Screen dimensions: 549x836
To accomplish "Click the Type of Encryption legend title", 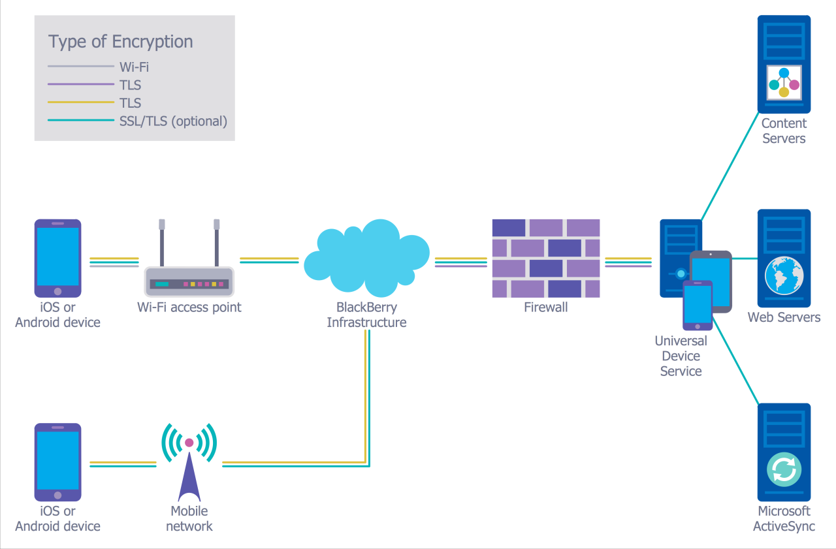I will pos(121,42).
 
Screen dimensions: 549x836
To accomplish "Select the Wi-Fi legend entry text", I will pos(135,67).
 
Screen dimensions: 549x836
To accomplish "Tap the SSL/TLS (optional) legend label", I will pos(173,121).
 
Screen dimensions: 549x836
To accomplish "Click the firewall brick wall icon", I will pos(545,259).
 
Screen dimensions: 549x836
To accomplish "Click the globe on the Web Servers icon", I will pos(784,275).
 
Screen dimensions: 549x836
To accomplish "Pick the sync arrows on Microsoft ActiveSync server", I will pos(784,469).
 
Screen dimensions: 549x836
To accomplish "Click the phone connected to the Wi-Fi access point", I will pos(57,259).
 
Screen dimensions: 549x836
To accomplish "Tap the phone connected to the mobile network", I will pos(57,462).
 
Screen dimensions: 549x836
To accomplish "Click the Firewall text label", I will pos(545,307).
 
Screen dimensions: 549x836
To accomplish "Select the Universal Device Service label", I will pos(681,356).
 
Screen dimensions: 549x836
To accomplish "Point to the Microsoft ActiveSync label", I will pos(784,518).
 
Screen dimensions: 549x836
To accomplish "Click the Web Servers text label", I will pos(784,317).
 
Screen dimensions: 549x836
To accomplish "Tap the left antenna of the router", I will pos(162,242).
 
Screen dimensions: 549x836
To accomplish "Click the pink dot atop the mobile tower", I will pos(189,443).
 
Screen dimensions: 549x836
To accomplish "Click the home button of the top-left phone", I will pos(57,291).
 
